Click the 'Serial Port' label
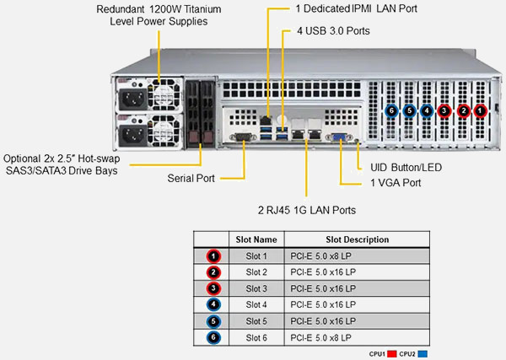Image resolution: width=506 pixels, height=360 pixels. pos(191,178)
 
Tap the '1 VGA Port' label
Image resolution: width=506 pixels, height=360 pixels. pos(396,182)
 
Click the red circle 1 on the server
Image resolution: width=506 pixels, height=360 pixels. pos(480,110)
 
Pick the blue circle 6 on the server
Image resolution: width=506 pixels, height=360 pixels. pos(391,110)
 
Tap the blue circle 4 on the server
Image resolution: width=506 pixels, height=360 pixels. pos(427,110)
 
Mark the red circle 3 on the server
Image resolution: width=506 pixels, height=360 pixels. pos(444,110)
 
